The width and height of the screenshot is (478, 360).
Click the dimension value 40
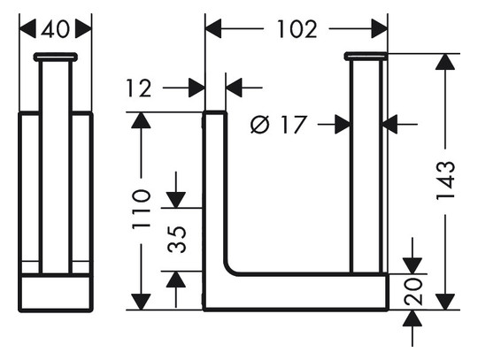point(55,29)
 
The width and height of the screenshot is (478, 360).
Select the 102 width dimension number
point(297,29)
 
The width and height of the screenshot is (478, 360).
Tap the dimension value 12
point(139,88)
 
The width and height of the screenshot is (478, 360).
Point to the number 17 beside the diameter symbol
point(293,125)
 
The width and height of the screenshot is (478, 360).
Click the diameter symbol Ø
point(260,125)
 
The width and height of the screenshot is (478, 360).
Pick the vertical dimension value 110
point(142,209)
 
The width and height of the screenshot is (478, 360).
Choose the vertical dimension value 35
point(177,240)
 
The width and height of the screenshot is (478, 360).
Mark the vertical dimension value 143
point(445,181)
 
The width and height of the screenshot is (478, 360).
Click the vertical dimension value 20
point(413,292)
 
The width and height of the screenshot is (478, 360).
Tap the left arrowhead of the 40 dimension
point(27,29)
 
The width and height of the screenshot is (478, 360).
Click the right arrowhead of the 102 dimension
point(379,29)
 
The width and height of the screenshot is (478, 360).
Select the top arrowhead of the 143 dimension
point(445,62)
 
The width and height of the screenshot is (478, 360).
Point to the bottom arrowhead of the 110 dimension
point(141,302)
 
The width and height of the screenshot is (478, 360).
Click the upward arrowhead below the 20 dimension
point(412,318)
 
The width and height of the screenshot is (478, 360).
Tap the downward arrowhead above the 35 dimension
point(176,200)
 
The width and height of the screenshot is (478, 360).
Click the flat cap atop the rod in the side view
point(56,57)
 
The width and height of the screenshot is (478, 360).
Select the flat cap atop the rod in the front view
point(366,57)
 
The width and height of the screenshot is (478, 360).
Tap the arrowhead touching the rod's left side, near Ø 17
point(343,124)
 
